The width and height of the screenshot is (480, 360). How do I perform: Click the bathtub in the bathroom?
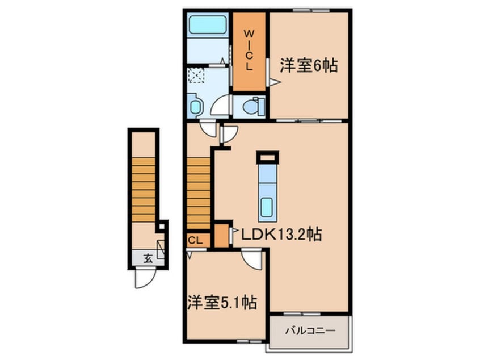(208, 24)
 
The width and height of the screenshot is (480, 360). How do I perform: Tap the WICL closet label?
(249, 49)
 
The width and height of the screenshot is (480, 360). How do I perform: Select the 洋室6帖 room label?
(309, 65)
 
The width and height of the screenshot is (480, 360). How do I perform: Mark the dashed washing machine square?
(196, 76)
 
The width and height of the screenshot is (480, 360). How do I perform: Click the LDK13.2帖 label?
(281, 235)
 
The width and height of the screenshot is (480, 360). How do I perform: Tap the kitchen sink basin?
(267, 207)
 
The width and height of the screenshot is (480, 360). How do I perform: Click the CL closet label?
(195, 241)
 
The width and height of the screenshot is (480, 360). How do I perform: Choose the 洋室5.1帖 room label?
(222, 302)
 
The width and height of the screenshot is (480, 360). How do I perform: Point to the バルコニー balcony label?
(310, 330)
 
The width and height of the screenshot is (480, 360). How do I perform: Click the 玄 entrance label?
(148, 259)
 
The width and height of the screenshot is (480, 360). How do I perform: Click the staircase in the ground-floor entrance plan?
(144, 190)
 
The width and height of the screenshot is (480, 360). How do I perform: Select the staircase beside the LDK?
(199, 193)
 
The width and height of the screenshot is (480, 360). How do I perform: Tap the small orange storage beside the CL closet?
(222, 235)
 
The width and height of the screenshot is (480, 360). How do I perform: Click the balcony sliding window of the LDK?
(301, 314)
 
